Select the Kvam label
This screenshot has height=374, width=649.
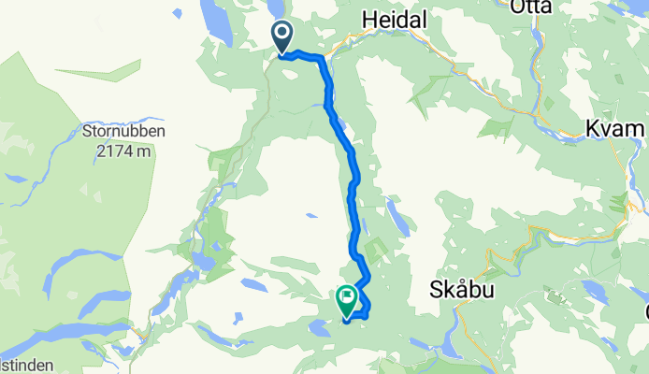point(614,128)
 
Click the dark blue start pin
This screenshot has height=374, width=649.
point(282,39)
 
